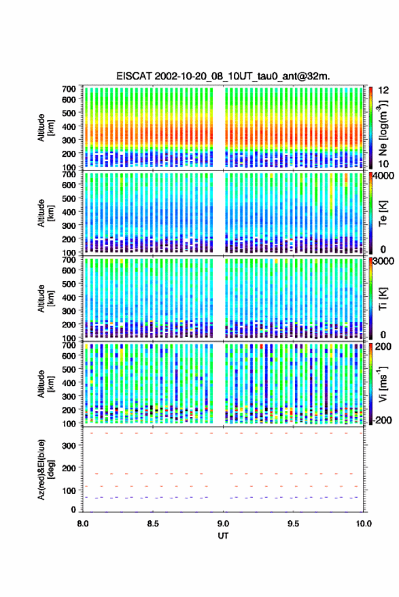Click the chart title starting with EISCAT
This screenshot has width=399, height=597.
point(224,76)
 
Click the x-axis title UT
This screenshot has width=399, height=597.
point(224,536)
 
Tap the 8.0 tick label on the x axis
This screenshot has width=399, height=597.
point(83,524)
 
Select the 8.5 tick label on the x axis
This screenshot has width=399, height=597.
point(153,524)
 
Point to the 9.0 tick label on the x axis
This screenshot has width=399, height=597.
point(224,524)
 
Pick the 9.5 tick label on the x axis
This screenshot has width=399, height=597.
point(294,524)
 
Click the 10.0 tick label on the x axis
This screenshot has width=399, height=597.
point(364,524)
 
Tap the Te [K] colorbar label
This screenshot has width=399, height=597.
point(383,213)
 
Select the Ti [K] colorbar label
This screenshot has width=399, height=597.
point(383,299)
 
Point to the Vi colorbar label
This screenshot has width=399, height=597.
point(383,384)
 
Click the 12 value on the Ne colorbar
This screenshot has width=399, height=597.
point(384,90)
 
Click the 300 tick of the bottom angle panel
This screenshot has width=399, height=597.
point(69,446)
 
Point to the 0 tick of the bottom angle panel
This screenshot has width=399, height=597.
point(73,509)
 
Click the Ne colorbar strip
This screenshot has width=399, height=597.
point(371,127)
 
